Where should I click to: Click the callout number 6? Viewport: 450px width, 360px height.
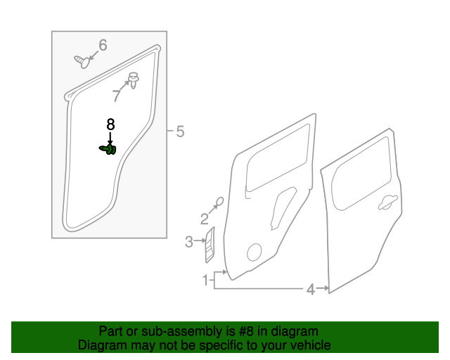(x=103, y=46)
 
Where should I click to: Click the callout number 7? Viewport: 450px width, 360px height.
(x=117, y=96)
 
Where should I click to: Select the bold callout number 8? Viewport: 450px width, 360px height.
(x=110, y=124)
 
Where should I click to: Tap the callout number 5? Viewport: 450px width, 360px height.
(x=180, y=131)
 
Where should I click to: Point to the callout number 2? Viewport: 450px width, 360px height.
(x=205, y=218)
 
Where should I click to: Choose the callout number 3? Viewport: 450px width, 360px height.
(x=188, y=243)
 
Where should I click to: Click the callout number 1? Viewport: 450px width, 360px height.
(x=207, y=281)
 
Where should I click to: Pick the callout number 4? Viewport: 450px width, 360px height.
(x=310, y=288)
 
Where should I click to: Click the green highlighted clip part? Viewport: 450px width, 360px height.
(x=108, y=149)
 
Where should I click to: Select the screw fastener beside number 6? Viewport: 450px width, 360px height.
(x=82, y=62)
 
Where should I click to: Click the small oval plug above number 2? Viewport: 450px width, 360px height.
(x=219, y=202)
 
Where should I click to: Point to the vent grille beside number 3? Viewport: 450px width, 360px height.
(x=210, y=241)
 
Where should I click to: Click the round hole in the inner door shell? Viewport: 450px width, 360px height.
(x=255, y=252)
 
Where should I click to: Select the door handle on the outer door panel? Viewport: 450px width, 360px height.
(x=385, y=203)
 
